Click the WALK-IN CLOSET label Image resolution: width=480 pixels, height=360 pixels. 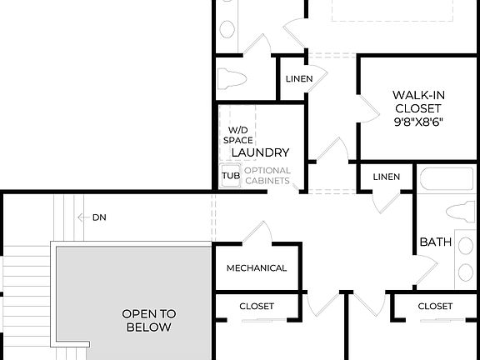click(x=417, y=101)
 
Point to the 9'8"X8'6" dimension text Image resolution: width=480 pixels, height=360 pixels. click(x=417, y=121)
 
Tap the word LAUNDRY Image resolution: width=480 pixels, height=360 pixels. click(x=260, y=152)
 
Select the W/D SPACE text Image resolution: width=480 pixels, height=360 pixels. click(x=237, y=136)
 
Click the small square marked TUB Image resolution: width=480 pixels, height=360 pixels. click(x=230, y=176)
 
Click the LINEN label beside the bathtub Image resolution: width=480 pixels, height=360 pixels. click(x=387, y=177)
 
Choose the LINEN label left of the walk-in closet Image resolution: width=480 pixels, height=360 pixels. click(x=299, y=79)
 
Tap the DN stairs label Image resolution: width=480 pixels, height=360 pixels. click(x=100, y=217)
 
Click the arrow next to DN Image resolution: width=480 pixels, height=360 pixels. click(x=83, y=217)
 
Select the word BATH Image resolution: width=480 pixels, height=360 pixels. click(x=435, y=242)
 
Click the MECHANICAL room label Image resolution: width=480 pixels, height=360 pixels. click(x=257, y=268)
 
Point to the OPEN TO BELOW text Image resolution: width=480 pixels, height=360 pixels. click(x=149, y=320)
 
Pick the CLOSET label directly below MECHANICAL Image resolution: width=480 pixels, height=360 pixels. click(x=257, y=307)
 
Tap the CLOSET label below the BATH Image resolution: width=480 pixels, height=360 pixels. click(x=435, y=307)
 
